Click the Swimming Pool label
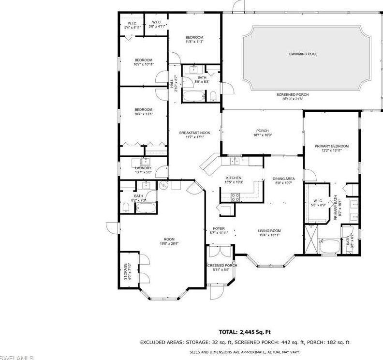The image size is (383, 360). [x=303, y=54]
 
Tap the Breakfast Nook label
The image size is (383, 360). [x=191, y=133]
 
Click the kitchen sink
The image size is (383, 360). [x=234, y=161]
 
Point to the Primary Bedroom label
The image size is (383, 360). [x=331, y=146]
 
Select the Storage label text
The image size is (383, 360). [x=125, y=271]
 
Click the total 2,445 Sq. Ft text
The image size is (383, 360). [x=244, y=332]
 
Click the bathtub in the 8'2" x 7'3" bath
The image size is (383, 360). [x=145, y=208]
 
